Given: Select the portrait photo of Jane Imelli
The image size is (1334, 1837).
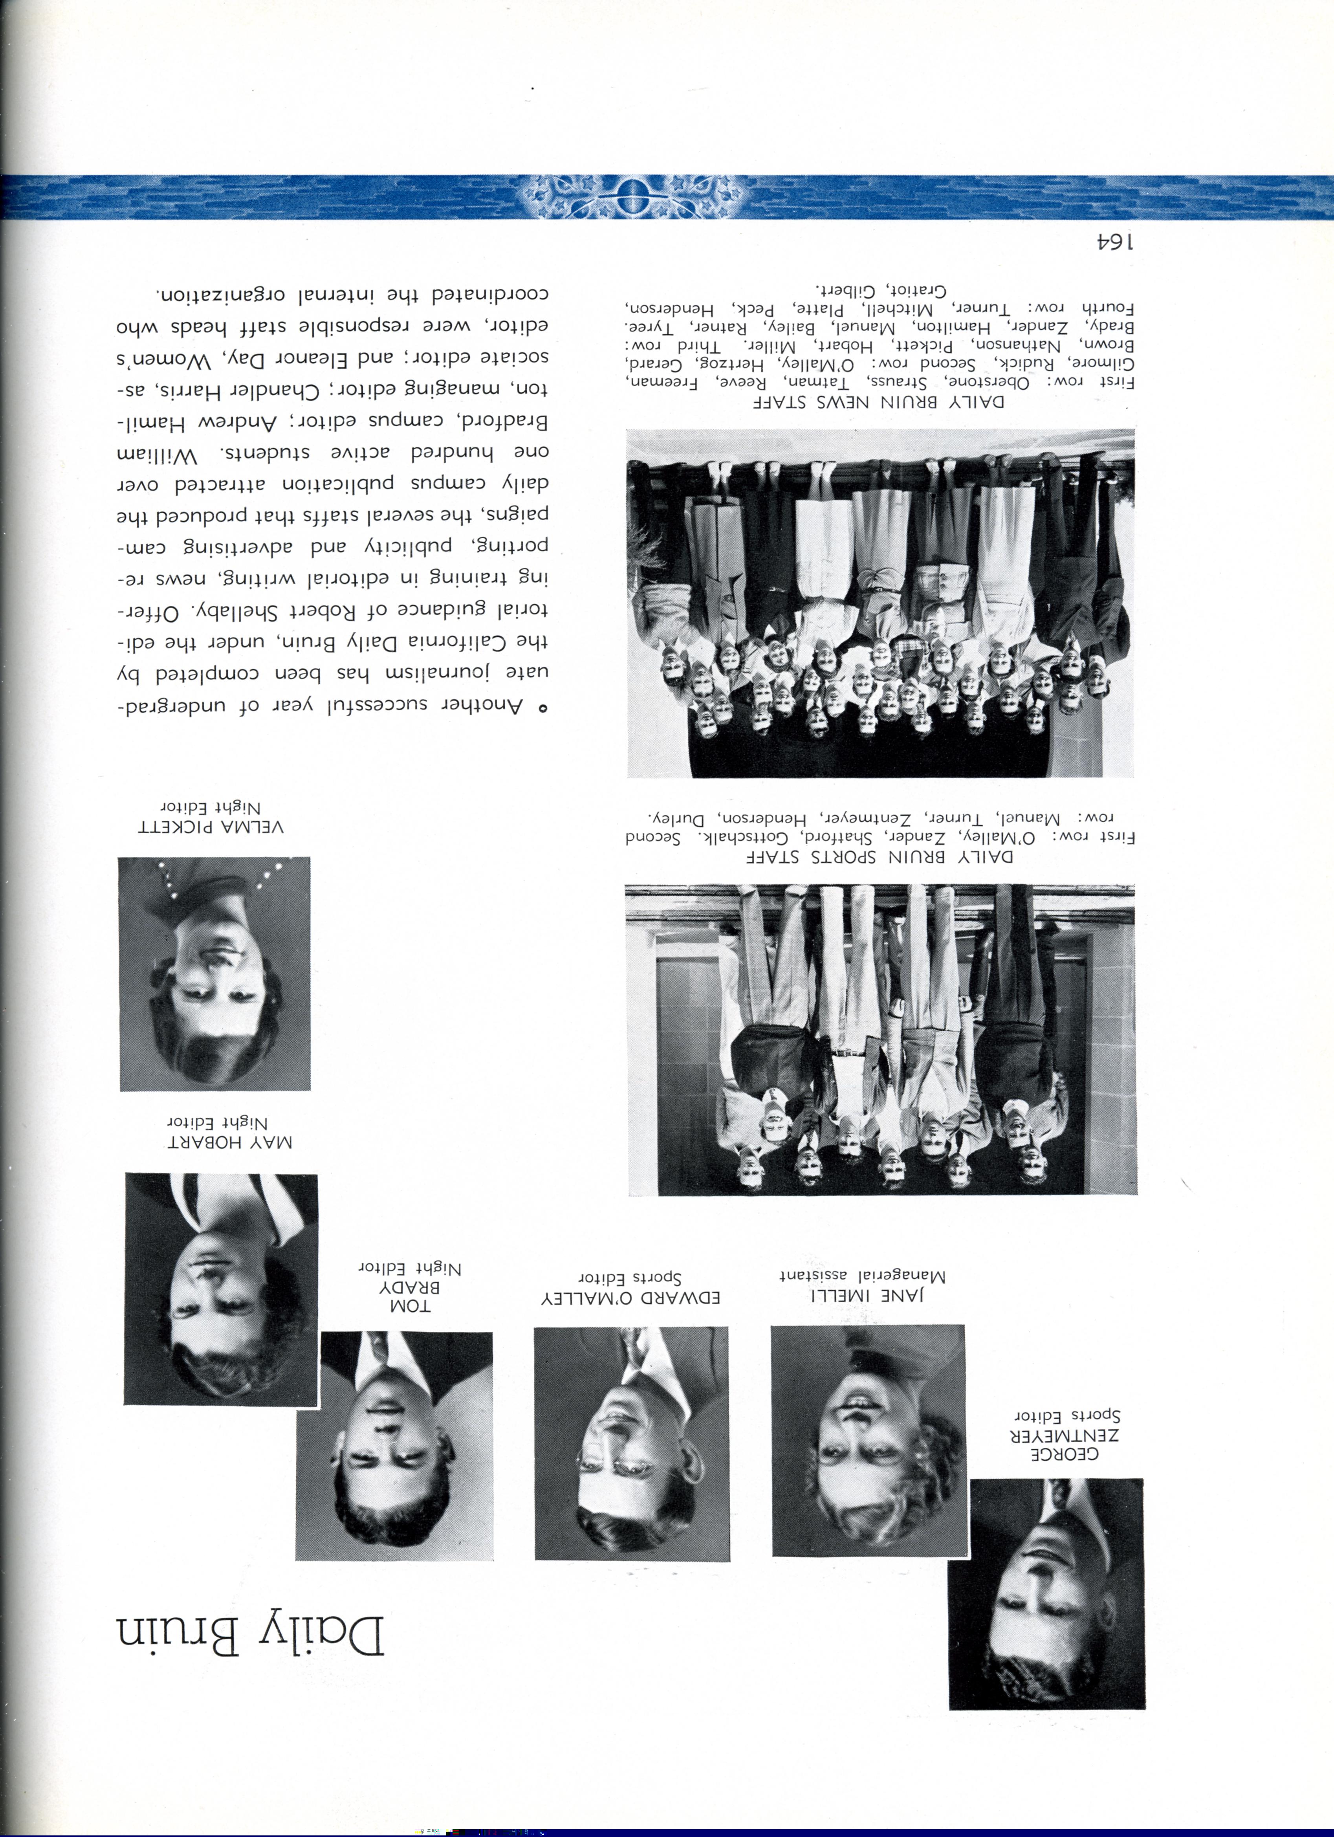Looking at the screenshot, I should (869, 1440).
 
